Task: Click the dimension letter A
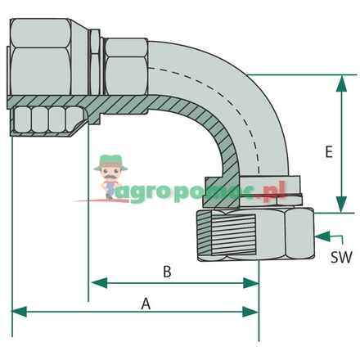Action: (x=146, y=304)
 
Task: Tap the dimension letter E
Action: (x=328, y=152)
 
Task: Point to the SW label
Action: (x=341, y=256)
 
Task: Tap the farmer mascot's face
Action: (x=108, y=173)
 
